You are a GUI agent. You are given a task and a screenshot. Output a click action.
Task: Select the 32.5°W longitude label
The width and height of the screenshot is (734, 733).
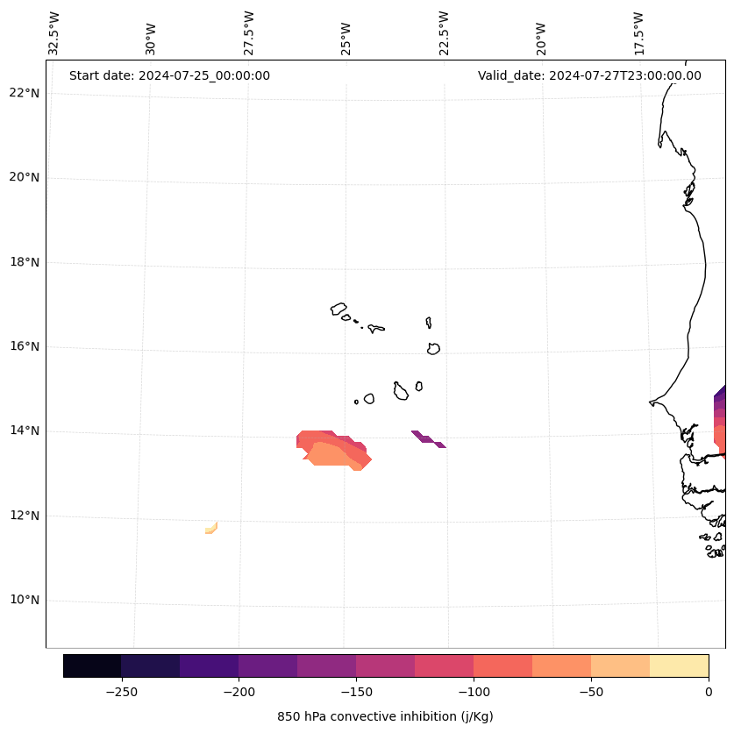[x=54, y=33]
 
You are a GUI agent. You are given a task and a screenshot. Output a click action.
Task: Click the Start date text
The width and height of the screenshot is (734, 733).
[x=169, y=75]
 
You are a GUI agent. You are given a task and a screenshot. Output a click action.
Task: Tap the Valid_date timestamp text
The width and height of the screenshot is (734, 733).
[x=589, y=75]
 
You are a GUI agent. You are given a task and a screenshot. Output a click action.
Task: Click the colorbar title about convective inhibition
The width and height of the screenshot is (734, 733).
[x=385, y=716]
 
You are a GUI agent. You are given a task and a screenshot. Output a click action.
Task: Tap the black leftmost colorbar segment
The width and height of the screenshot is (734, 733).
[x=92, y=665]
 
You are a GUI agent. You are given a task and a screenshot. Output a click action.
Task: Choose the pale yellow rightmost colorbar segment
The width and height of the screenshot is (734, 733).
[x=679, y=665]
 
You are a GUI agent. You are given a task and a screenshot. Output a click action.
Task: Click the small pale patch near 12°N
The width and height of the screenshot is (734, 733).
[x=211, y=528]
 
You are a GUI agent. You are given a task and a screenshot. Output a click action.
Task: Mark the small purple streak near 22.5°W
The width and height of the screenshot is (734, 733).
[x=428, y=438]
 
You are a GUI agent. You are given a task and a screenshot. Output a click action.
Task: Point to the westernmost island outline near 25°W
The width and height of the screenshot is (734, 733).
[x=338, y=309]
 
